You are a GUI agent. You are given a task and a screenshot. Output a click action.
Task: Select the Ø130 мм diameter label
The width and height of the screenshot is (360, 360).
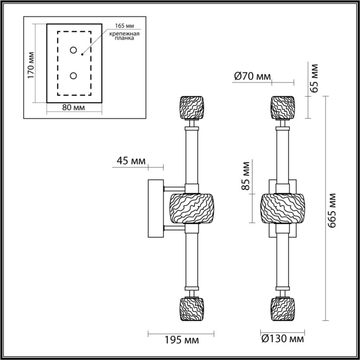point(282,339)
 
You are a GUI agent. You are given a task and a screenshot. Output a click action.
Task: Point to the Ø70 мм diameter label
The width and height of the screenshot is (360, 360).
point(252,76)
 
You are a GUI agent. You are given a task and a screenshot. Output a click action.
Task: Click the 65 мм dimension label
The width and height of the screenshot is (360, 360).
point(315,77)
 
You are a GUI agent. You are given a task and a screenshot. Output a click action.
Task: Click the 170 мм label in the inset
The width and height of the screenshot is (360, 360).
point(31,65)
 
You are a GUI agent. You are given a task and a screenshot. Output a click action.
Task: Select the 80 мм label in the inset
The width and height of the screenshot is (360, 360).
point(73,108)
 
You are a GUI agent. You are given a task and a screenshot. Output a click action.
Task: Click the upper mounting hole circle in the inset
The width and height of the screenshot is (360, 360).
point(74,50)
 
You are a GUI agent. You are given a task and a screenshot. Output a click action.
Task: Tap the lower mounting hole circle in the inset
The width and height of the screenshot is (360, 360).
point(74,76)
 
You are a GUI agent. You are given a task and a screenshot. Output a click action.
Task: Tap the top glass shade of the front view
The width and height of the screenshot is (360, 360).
point(282,107)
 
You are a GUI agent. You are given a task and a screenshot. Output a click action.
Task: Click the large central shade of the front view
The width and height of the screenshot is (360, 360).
point(282,208)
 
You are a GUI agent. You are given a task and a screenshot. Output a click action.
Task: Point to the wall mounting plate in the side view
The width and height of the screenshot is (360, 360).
point(156,208)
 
